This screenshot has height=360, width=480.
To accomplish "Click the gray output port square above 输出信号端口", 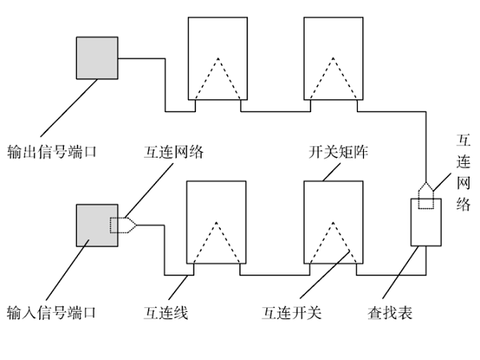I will click(98, 58).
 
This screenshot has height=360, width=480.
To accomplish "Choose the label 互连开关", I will click(292, 313).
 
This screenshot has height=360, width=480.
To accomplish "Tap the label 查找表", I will click(390, 313).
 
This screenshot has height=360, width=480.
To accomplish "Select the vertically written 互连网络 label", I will click(462, 173).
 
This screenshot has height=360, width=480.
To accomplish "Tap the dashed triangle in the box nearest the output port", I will click(217, 80).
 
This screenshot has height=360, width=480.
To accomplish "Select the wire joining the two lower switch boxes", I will click(272, 274).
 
